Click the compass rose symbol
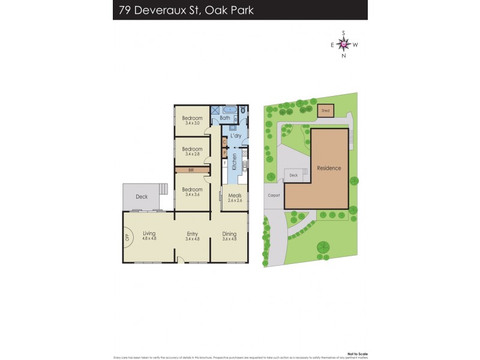coord(344,44)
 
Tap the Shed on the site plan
coord(325,111)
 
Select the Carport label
coord(273,196)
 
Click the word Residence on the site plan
coord(329,168)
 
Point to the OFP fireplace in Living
coord(127,236)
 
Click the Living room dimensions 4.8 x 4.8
coord(149,239)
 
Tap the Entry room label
coord(192,233)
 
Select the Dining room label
coord(229,233)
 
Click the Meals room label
coord(234,194)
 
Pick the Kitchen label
coord(235,161)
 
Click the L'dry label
coord(236,136)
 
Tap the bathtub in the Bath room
coord(229,110)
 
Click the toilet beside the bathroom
coord(243,111)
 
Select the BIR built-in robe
coord(191,170)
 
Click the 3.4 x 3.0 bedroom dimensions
coord(191,123)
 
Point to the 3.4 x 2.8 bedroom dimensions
coord(191,154)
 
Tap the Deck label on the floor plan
coord(142,196)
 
